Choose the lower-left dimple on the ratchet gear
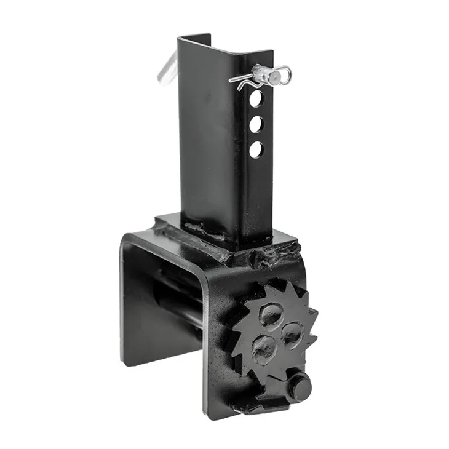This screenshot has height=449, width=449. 264,348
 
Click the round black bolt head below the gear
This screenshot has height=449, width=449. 300,387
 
